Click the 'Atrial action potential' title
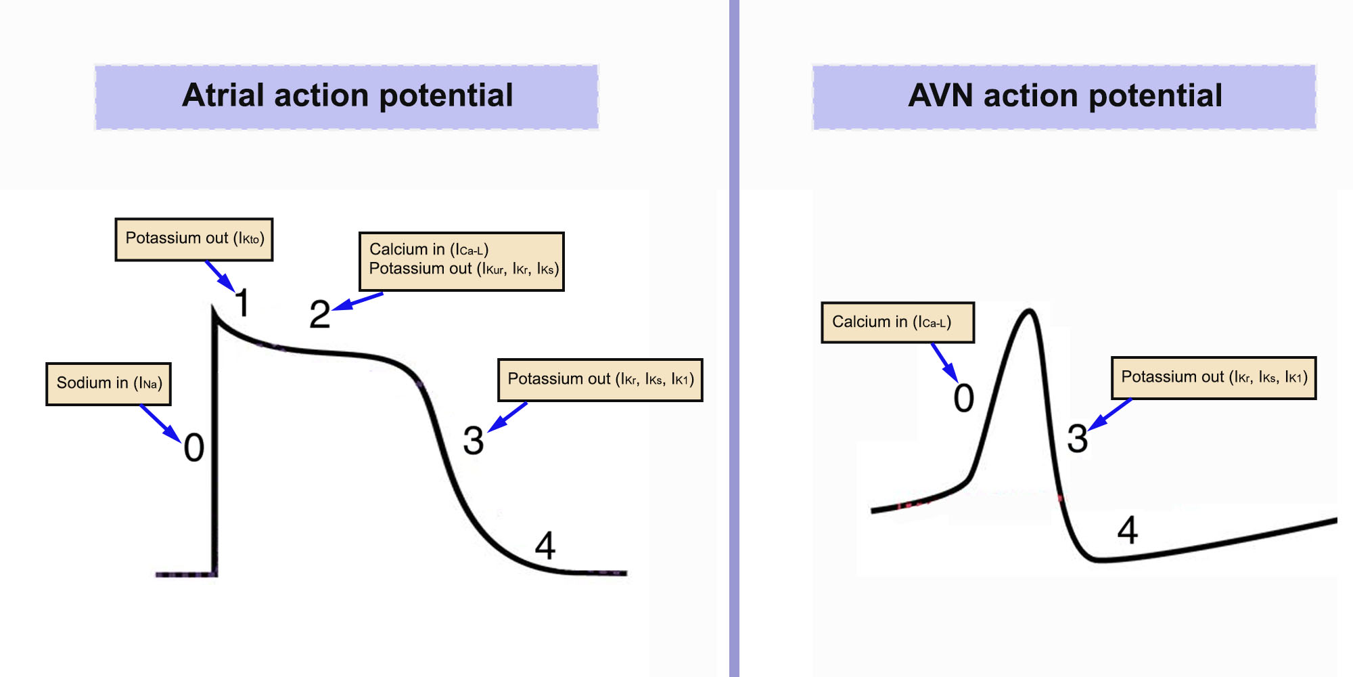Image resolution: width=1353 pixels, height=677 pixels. [347, 96]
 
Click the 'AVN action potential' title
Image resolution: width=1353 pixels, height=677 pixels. [1065, 96]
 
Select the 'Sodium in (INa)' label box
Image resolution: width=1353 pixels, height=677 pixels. [108, 384]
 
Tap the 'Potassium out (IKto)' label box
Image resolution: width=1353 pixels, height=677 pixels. [194, 239]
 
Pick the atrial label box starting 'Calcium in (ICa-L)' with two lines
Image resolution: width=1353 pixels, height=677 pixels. [461, 261]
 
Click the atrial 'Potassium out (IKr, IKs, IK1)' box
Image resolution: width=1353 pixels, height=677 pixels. [600, 380]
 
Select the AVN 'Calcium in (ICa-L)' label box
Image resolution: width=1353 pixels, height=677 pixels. [898, 322]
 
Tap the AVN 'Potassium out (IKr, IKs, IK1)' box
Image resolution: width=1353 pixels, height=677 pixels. [1214, 378]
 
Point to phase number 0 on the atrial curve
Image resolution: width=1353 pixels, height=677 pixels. [194, 447]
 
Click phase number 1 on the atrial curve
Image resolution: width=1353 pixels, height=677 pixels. [242, 303]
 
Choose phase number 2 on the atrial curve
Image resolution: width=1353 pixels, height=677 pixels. [319, 315]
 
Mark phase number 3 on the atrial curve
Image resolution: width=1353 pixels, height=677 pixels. [474, 441]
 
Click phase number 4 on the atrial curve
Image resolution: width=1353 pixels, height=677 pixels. [545, 546]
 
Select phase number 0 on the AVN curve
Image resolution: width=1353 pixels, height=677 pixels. [964, 398]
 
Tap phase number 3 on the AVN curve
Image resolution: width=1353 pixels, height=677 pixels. [1078, 438]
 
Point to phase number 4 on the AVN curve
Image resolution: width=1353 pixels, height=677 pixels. [1127, 530]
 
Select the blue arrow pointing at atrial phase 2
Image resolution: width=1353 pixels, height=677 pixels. [359, 301]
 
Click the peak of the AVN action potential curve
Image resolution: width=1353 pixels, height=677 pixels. [1029, 311]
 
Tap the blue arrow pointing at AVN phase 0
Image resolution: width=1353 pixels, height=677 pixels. [944, 363]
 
